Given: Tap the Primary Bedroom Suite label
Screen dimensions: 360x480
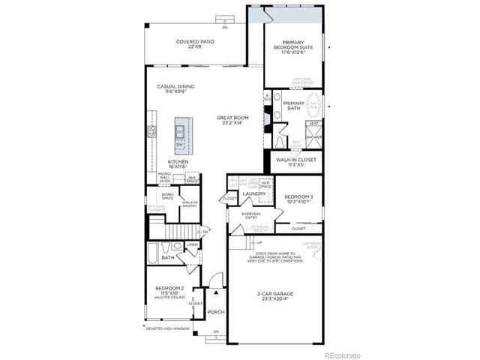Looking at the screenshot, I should [x=297, y=46].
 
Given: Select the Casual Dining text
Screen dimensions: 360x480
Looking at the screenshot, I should [x=172, y=89].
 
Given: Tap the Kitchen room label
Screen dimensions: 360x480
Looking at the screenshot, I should [x=177, y=163].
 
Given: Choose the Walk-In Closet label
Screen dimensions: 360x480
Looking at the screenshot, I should [x=297, y=161].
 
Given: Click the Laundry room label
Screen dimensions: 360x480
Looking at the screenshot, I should [x=255, y=194].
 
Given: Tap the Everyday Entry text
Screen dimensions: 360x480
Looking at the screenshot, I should [x=251, y=216].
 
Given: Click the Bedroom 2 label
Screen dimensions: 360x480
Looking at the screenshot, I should [x=169, y=290].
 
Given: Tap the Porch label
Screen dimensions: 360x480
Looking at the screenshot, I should [x=216, y=311].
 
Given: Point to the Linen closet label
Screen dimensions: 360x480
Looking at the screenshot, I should [x=192, y=245].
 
